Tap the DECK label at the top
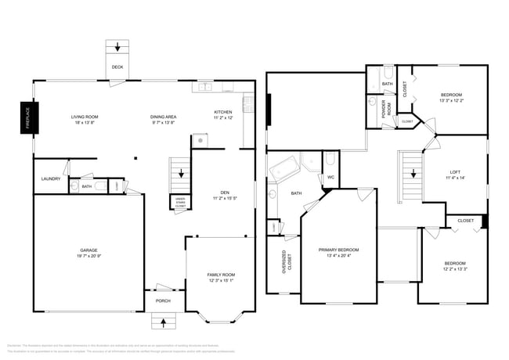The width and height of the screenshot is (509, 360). click(117, 67)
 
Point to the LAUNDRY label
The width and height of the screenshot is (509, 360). click(51, 179)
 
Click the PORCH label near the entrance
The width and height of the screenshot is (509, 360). click(163, 301)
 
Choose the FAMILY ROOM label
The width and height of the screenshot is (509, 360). click(221, 275)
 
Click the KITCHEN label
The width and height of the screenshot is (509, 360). click(223, 111)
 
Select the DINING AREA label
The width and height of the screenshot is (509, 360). click(163, 117)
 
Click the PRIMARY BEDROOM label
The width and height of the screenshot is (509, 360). click(339, 250)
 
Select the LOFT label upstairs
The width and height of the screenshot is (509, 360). click(455, 172)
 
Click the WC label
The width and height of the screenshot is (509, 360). click(330, 176)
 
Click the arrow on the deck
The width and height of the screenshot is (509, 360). click(117, 47)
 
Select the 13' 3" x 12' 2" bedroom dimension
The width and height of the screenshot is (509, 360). click(451, 100)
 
